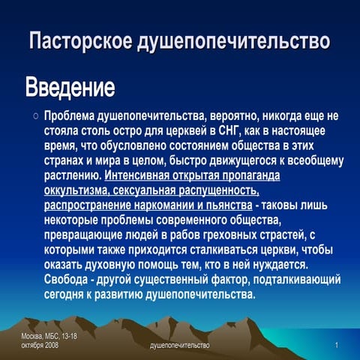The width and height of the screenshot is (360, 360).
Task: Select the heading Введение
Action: pos(70,88)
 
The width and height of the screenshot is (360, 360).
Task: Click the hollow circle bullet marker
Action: pos(35,117)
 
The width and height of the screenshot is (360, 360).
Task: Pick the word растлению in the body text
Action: pos(72,178)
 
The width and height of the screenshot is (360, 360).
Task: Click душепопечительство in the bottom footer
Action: pos(180,344)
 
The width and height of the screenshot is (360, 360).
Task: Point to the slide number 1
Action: pos(339,344)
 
